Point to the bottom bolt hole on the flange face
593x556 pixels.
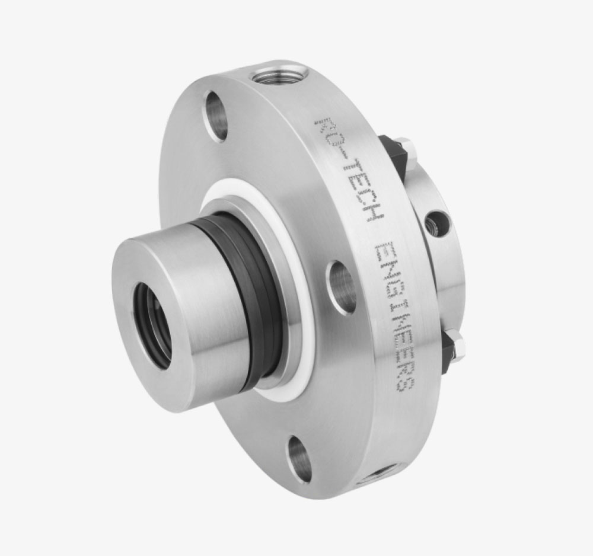(299, 458)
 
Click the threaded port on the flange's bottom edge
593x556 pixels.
(372, 476)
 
